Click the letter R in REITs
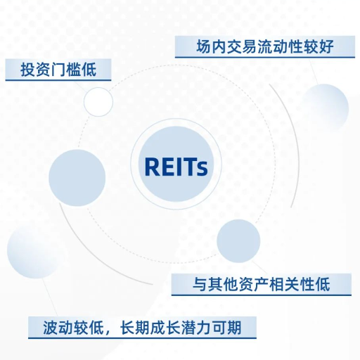[153, 166]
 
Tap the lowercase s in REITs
[202, 169]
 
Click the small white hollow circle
[98, 102]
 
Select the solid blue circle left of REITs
[77, 178]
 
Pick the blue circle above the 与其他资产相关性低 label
[238, 241]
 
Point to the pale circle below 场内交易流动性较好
[325, 107]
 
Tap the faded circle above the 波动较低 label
[33, 252]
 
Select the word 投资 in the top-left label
[36, 70]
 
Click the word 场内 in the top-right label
[212, 46]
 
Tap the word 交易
[242, 46]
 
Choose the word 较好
[319, 46]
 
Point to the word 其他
[223, 284]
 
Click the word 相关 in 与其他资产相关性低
[284, 284]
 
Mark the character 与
[200, 284]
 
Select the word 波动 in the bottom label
[58, 327]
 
